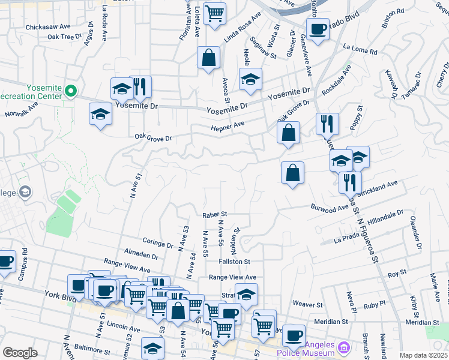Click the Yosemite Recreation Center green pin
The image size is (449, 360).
click(x=71, y=92)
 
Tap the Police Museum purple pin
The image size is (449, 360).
click(x=343, y=347)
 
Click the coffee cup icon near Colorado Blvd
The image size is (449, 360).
click(x=318, y=28)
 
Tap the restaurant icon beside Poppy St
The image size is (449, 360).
click(x=327, y=124)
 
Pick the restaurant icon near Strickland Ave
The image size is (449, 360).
click(x=349, y=182)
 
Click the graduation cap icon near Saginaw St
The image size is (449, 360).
click(x=250, y=79)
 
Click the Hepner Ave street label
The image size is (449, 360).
click(x=228, y=125)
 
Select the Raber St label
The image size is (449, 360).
click(x=214, y=214)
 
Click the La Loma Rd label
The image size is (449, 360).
click(x=360, y=49)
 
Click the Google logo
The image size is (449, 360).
click(x=20, y=352)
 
